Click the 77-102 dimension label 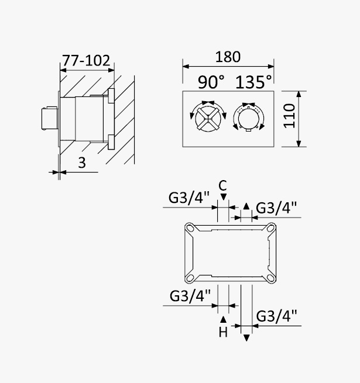click(x=86, y=61)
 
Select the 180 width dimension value click(x=228, y=57)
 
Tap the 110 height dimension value click(x=289, y=116)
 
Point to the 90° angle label click(x=211, y=82)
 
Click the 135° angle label click(x=253, y=82)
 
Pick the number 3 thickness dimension click(x=82, y=163)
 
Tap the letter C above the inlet click(x=223, y=185)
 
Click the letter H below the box click(x=223, y=332)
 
